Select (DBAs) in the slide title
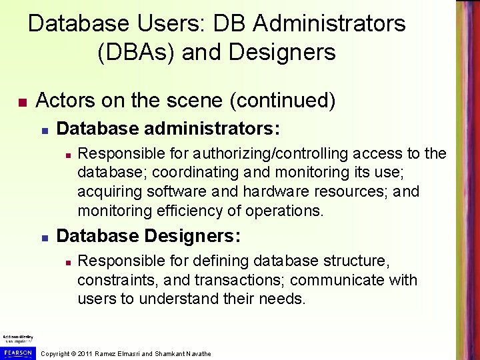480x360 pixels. [x=137, y=52]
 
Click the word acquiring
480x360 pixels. [x=109, y=192]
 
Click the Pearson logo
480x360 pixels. [x=18, y=352]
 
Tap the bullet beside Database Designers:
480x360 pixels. [x=43, y=237]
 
